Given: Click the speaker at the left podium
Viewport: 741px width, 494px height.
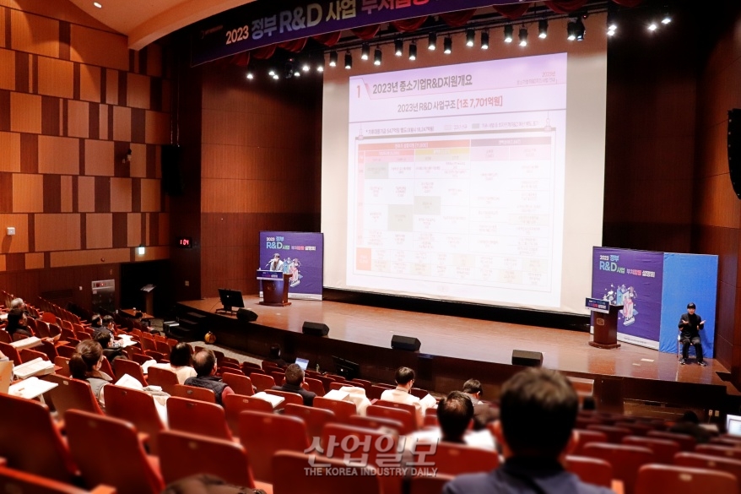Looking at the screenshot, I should coord(275,263).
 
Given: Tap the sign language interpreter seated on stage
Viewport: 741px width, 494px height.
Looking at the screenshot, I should coord(691,330).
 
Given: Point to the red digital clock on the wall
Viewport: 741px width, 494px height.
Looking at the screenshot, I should coord(184,242).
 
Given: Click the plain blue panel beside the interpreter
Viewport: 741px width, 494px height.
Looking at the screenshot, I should coord(689,287).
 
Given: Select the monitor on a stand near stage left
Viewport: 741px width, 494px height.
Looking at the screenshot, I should coord(230,299).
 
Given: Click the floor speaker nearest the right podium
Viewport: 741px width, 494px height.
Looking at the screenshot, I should coord(527,358).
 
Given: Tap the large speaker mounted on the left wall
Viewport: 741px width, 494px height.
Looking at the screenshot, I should coord(170,168).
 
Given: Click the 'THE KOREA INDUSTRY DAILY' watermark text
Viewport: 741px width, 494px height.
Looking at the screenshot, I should coord(370,471).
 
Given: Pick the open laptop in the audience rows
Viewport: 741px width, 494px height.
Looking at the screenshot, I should coord(301,363).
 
